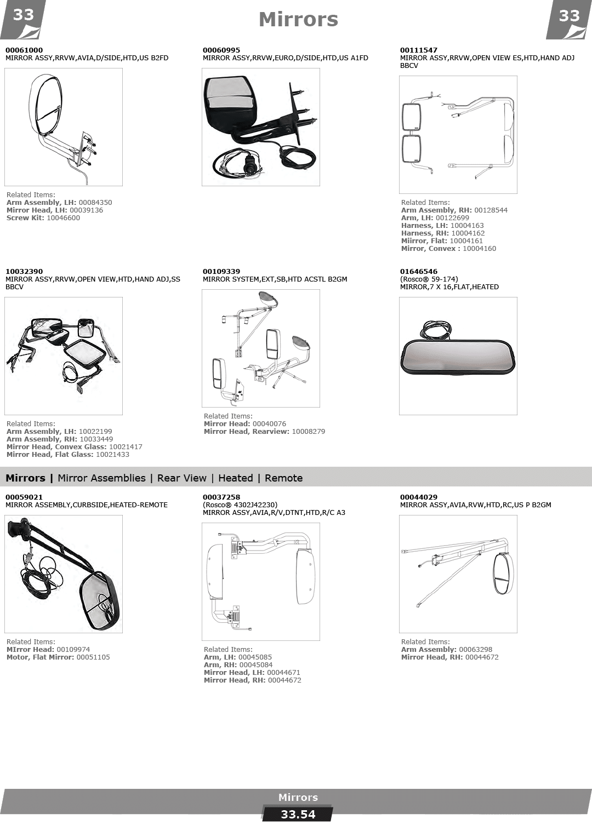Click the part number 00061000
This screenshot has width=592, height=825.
tap(24, 50)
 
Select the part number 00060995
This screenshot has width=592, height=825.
tap(221, 50)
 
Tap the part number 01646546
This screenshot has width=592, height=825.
tap(419, 272)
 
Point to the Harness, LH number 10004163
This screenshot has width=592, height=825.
tap(468, 225)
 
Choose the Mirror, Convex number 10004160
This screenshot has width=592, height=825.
tap(479, 249)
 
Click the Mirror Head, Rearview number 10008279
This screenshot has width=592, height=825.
tap(309, 431)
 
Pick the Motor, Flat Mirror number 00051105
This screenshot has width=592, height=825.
tap(93, 657)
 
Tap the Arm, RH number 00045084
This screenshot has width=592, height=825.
tap(256, 665)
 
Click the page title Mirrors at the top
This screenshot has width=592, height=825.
tap(298, 19)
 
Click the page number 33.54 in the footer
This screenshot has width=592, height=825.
tap(298, 814)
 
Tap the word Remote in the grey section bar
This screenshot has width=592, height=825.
tap(283, 478)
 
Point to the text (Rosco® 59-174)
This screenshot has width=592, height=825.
tap(429, 279)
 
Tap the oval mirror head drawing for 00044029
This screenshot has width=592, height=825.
tap(503, 574)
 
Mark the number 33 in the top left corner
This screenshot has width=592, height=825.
tap(23, 15)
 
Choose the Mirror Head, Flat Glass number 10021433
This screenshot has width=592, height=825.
tap(112, 455)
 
